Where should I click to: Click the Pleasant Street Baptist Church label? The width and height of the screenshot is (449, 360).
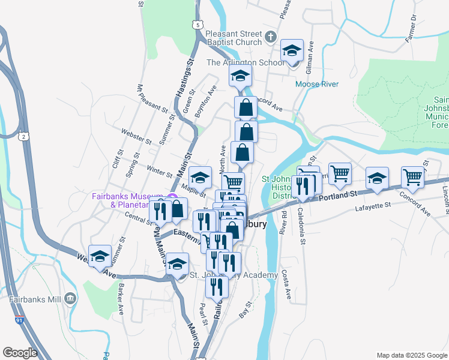(234, 38)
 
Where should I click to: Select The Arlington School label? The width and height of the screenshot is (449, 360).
(246, 62)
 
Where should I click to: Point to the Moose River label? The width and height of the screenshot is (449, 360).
(316, 84)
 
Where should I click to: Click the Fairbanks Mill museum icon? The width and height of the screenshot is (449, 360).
(70, 298)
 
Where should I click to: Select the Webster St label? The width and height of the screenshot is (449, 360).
(136, 136)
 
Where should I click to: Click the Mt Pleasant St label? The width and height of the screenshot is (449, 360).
(152, 98)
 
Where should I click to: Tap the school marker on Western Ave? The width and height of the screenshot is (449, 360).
(100, 257)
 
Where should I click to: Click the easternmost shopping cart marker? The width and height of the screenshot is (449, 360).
(412, 177)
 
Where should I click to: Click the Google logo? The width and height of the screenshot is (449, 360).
(20, 353)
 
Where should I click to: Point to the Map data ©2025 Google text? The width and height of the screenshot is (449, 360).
(411, 355)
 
